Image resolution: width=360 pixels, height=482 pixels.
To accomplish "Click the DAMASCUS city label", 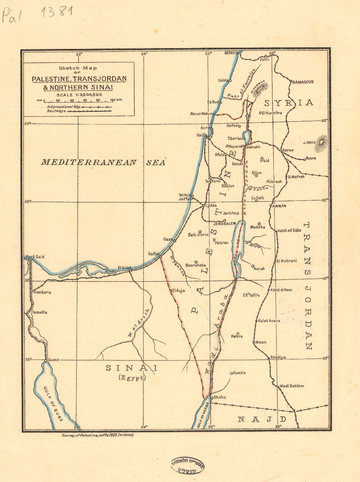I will [303, 82].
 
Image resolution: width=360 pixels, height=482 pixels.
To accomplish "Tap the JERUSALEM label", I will [213, 224].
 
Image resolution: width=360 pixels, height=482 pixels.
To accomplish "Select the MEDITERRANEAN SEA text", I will [103, 162].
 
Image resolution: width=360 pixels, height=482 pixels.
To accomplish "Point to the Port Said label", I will [35, 257].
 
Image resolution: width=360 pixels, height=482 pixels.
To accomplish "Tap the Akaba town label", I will [220, 397].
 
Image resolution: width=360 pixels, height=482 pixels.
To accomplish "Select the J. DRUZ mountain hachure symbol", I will [322, 142].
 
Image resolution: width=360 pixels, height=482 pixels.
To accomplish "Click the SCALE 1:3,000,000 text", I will [79, 95].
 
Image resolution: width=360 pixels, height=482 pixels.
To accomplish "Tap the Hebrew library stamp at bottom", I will [187, 465].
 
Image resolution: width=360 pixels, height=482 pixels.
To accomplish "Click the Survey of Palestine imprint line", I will [97, 435].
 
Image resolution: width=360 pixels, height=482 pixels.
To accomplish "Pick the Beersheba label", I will [195, 265].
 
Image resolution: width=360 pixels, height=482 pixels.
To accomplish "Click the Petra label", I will [237, 336].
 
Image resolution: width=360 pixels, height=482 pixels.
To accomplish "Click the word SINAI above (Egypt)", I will [131, 368].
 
